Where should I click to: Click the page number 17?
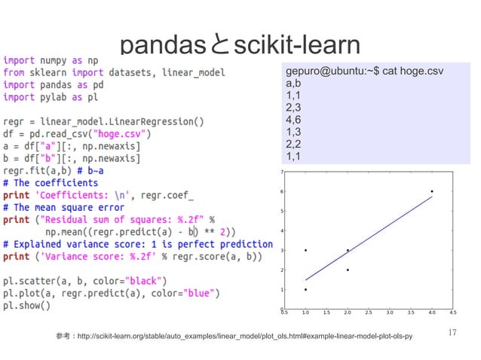click(452, 332)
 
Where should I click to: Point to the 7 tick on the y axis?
click(283, 172)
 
